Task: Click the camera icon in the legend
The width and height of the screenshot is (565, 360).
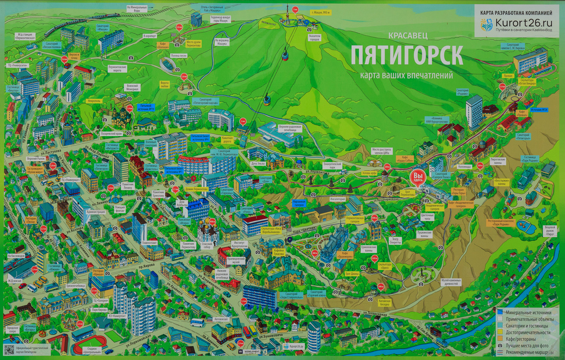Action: (500, 345)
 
